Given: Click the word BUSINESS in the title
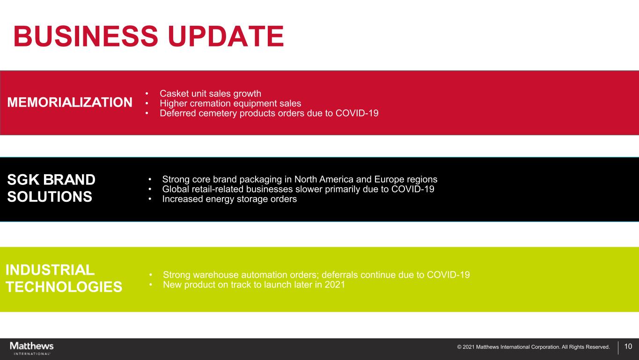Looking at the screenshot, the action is [86, 36].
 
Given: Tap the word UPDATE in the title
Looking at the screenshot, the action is [226, 36].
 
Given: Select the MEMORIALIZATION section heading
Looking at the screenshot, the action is [70, 103].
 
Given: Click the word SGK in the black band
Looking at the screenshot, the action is [23, 180].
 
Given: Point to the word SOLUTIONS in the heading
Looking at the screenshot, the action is [50, 197].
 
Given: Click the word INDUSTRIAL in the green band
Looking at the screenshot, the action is [50, 270].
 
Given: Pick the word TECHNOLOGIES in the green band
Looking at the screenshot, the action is [64, 287].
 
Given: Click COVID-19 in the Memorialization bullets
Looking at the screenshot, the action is [357, 113].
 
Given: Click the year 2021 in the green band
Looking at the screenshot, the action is [335, 285].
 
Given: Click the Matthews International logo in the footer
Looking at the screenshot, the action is [32, 348].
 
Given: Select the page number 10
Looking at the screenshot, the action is [628, 346].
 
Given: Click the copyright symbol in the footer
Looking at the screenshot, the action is [459, 347].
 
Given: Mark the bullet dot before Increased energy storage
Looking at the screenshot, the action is [150, 199].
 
